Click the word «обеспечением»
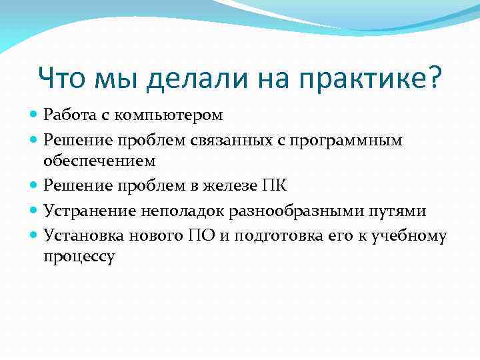99,161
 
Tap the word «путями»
397,211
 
